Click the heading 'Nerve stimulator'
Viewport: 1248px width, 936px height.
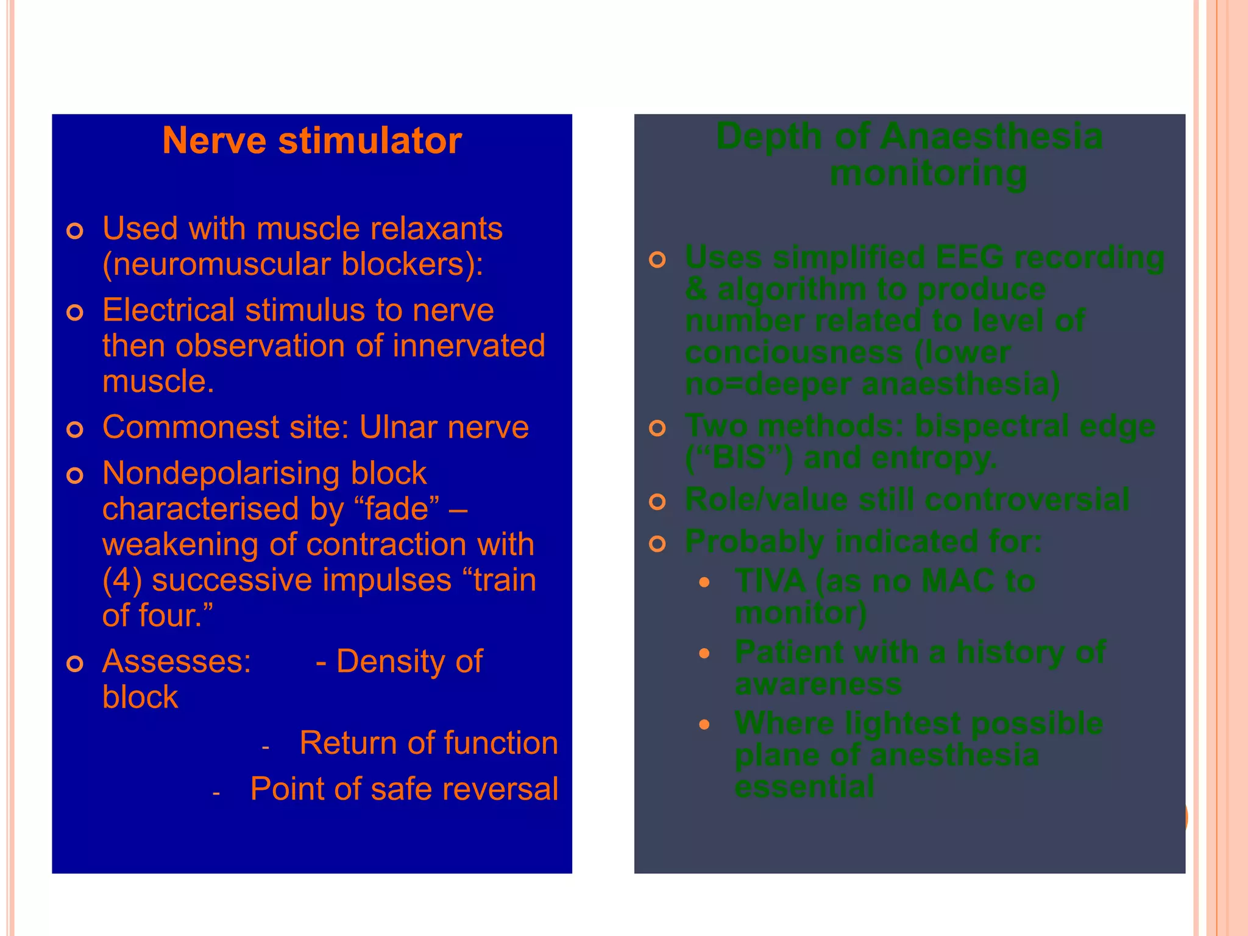[312, 141]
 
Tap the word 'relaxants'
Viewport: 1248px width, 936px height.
[436, 229]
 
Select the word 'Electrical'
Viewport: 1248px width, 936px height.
[168, 310]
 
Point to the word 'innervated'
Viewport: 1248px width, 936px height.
[469, 346]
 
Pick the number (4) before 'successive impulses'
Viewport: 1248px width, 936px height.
[122, 580]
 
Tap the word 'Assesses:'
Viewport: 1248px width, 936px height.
[177, 662]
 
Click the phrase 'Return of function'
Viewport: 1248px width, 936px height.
[428, 743]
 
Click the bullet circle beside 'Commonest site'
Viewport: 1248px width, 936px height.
[75, 430]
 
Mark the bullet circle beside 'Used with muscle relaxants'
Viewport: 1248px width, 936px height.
[75, 232]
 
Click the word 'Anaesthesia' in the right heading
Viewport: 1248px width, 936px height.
[991, 136]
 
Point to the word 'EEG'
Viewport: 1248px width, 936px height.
[969, 257]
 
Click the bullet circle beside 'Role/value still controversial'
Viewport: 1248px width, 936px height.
[658, 502]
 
